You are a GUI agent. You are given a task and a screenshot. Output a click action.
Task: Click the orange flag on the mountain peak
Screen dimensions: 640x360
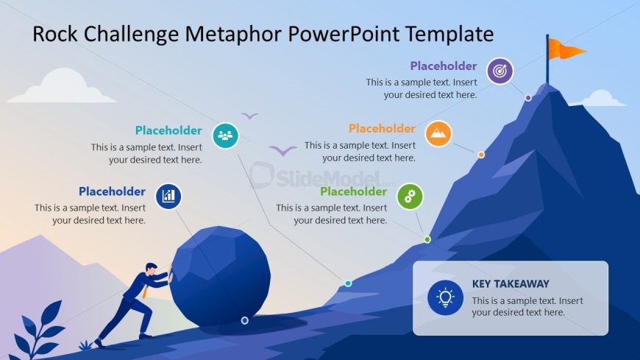[x=565, y=49]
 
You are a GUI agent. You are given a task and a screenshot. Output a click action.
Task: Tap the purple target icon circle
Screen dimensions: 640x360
[x=500, y=71]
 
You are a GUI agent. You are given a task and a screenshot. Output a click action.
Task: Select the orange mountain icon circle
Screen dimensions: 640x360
[x=438, y=134]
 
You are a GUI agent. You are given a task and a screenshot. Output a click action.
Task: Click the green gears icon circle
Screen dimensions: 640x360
[x=410, y=197]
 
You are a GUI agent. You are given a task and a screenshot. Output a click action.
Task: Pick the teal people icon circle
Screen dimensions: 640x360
[x=225, y=135]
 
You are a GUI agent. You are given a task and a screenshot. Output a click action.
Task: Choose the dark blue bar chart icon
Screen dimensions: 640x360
[x=168, y=196]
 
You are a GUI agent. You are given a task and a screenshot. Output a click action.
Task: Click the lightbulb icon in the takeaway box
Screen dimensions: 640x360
[x=445, y=297]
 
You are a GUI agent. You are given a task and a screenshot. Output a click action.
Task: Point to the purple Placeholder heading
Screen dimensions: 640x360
[x=444, y=66]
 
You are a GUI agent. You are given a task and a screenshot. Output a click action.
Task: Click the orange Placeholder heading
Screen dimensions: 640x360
[x=382, y=128]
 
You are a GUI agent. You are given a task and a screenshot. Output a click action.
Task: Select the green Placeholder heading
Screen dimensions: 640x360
[x=353, y=191]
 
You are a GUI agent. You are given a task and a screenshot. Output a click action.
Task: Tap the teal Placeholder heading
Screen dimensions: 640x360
[x=168, y=130]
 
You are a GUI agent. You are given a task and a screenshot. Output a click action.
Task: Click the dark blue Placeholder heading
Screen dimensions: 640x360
[x=112, y=191]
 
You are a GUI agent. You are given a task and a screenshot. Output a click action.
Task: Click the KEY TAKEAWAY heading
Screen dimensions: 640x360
[x=511, y=283]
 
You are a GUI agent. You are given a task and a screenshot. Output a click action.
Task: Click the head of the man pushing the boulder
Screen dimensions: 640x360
[x=151, y=268]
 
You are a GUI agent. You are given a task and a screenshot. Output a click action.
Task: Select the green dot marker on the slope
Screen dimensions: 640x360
[x=427, y=239]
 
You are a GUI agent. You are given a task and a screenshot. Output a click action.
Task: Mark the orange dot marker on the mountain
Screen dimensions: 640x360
[x=481, y=155]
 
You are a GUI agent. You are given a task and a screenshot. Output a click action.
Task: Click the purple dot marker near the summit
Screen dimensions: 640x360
[x=528, y=98]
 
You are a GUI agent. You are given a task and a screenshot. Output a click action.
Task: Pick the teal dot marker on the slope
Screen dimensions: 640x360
[x=348, y=283]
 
